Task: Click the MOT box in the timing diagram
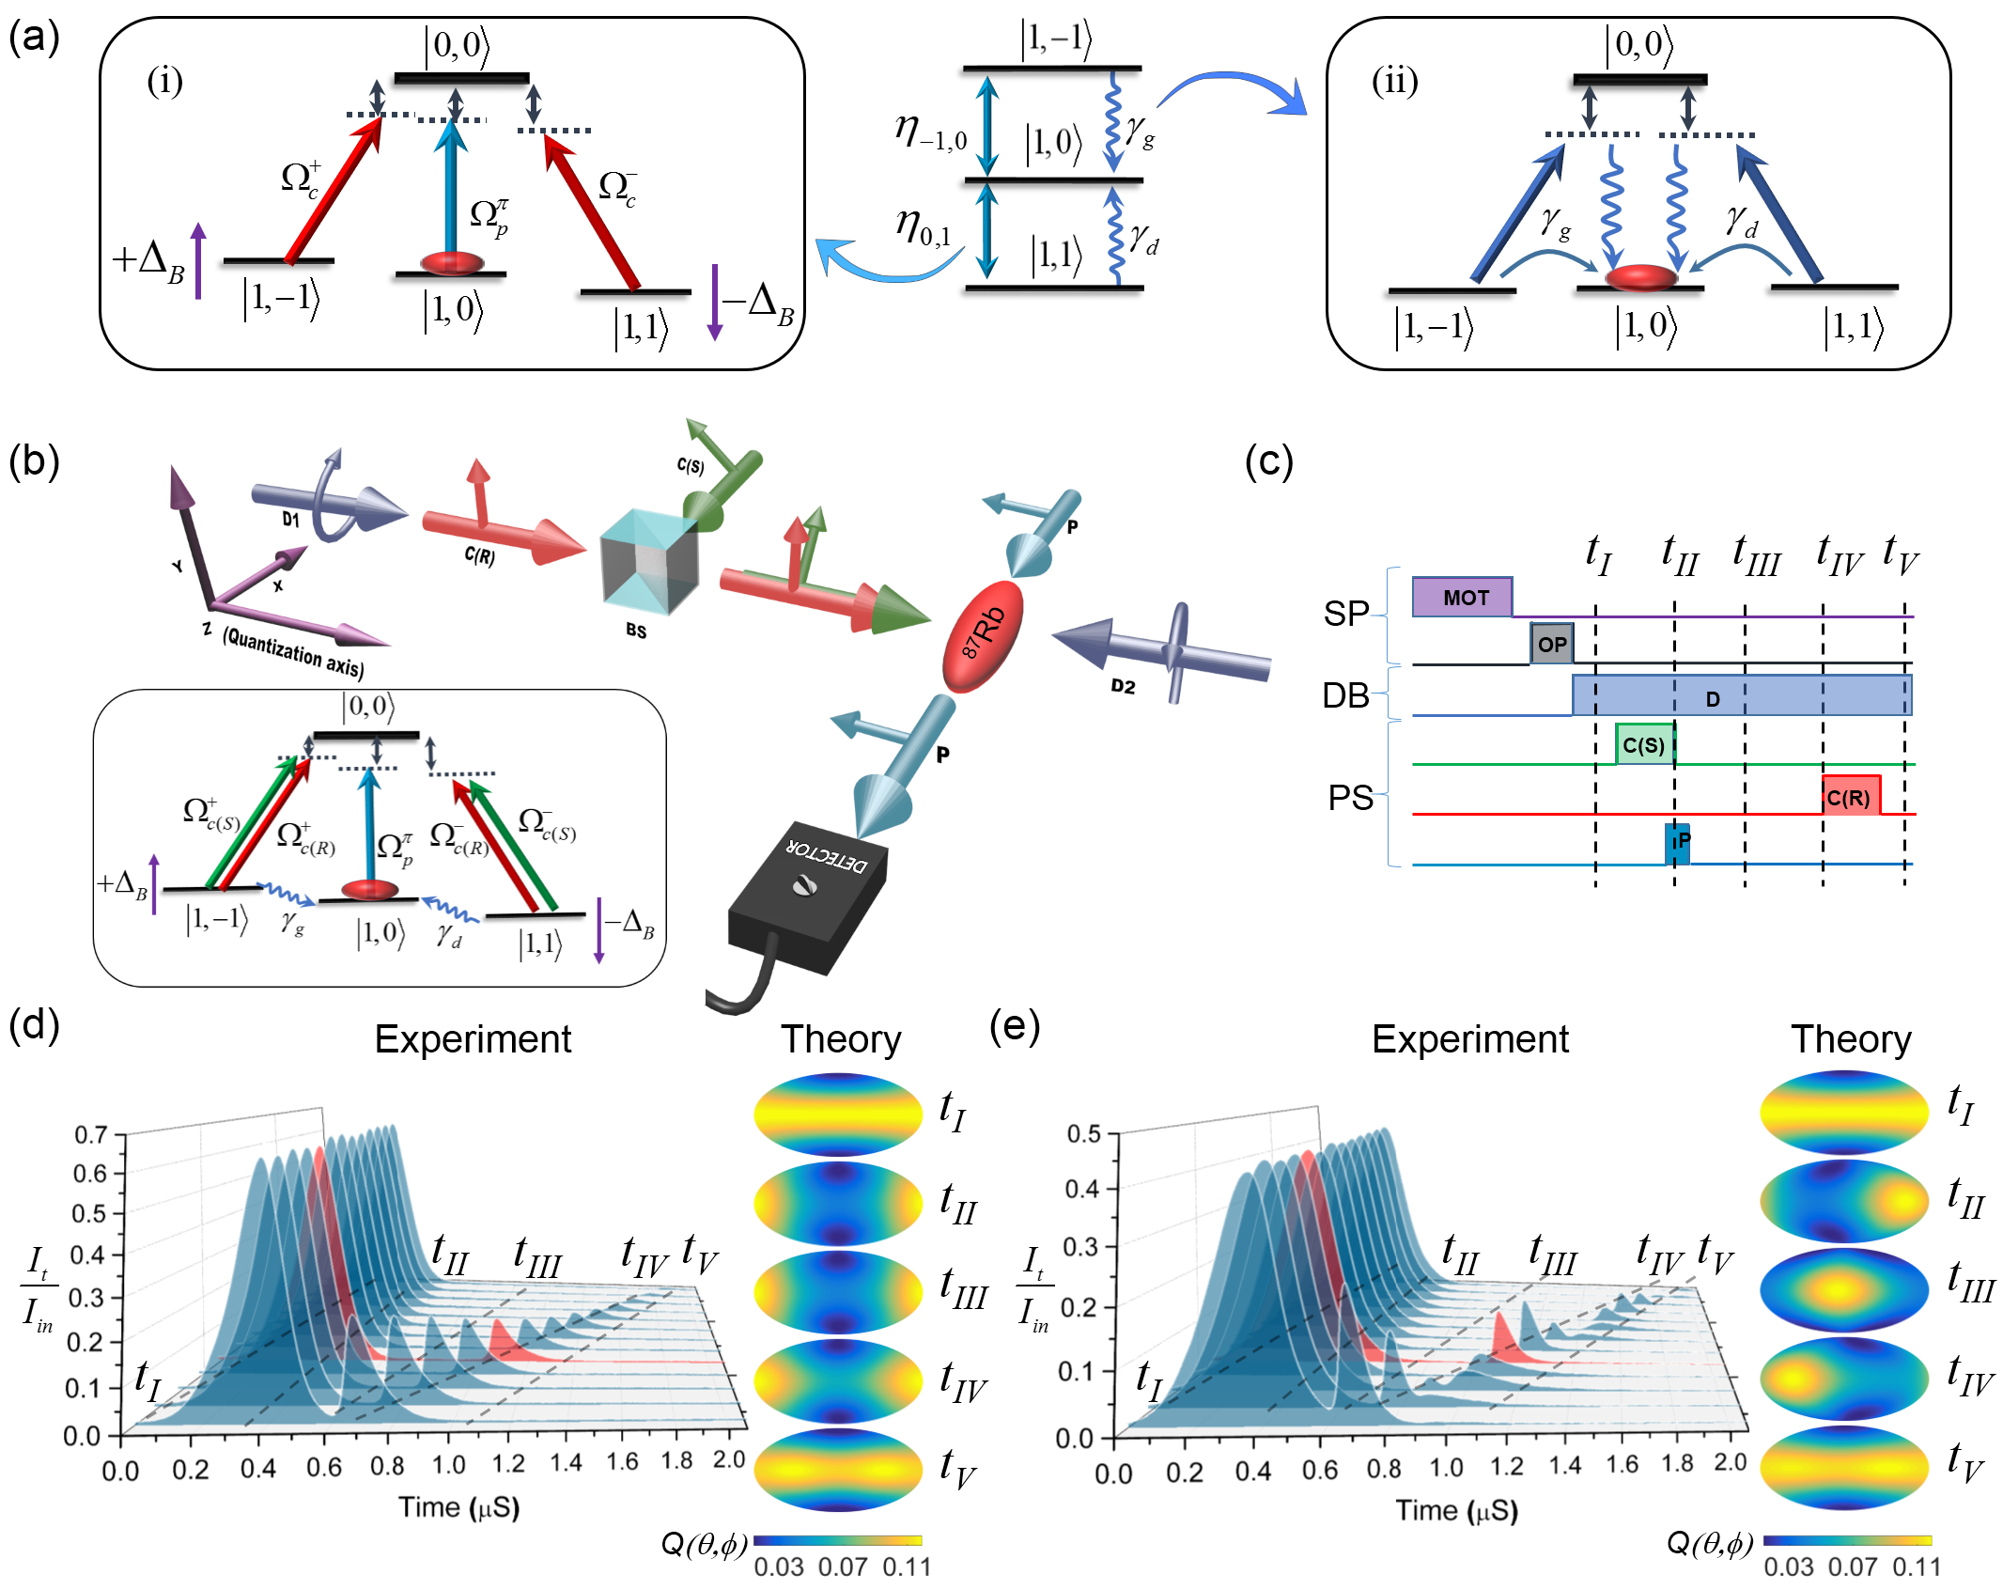pyautogui.click(x=1462, y=597)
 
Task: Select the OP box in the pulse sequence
pyautogui.click(x=1551, y=644)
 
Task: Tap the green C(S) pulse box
pyautogui.click(x=1644, y=744)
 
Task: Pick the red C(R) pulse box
pyautogui.click(x=1850, y=797)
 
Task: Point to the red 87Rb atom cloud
pyautogui.click(x=983, y=636)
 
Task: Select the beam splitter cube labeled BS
pyautogui.click(x=649, y=560)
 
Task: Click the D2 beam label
pyautogui.click(x=1123, y=686)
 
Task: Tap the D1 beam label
pyautogui.click(x=290, y=519)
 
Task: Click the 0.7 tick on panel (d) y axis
pyautogui.click(x=91, y=1134)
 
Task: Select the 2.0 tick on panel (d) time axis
pyautogui.click(x=729, y=1459)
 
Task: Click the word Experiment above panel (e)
pyautogui.click(x=1469, y=1039)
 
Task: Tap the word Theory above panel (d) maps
pyautogui.click(x=840, y=1039)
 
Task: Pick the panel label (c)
pyautogui.click(x=1268, y=461)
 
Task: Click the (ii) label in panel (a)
pyautogui.click(x=1394, y=81)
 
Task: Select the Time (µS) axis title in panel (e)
pyautogui.click(x=1456, y=1510)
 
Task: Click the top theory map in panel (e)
pyautogui.click(x=1844, y=1112)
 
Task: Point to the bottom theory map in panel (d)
pyautogui.click(x=838, y=1469)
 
